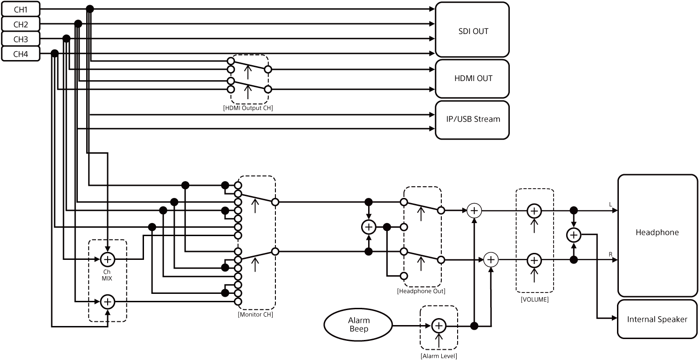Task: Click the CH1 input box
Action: click(21, 9)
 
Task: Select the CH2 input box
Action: click(21, 24)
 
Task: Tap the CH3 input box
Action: click(21, 39)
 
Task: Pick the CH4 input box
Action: click(21, 54)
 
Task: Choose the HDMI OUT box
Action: click(472, 78)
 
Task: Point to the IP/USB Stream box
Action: click(472, 119)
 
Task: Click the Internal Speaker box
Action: click(657, 319)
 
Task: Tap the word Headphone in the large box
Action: click(657, 232)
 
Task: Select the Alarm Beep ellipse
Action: click(358, 325)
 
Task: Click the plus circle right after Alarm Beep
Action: click(439, 326)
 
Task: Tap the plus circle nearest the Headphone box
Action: click(574, 235)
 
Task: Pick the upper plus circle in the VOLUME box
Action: click(534, 211)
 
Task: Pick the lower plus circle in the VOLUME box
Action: click(534, 260)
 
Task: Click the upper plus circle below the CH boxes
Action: click(108, 259)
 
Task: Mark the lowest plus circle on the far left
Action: click(108, 302)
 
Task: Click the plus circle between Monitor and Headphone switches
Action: click(369, 227)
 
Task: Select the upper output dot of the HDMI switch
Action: click(267, 69)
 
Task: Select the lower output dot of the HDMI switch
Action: click(267, 89)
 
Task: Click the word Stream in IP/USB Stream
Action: click(487, 119)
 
